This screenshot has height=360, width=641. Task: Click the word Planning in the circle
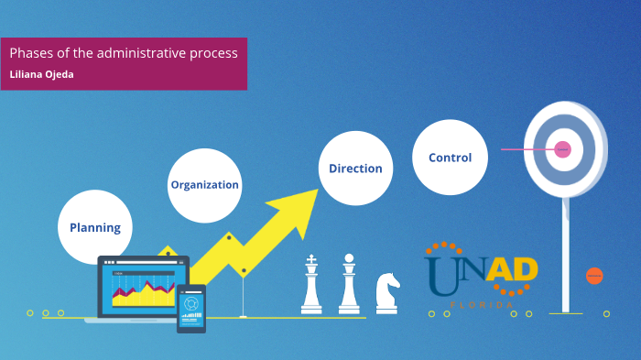coord(95,227)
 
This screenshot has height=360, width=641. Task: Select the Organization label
coord(204,184)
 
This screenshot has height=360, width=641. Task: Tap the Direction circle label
coord(355,169)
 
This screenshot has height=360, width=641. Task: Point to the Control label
coord(450,158)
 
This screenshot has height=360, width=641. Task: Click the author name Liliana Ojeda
coord(41,74)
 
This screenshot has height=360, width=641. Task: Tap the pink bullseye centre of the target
coord(563,148)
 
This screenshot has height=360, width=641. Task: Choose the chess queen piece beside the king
coord(349,284)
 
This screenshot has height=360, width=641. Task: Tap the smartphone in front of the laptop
coord(191,308)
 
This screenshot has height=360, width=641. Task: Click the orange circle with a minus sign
coord(594,275)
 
